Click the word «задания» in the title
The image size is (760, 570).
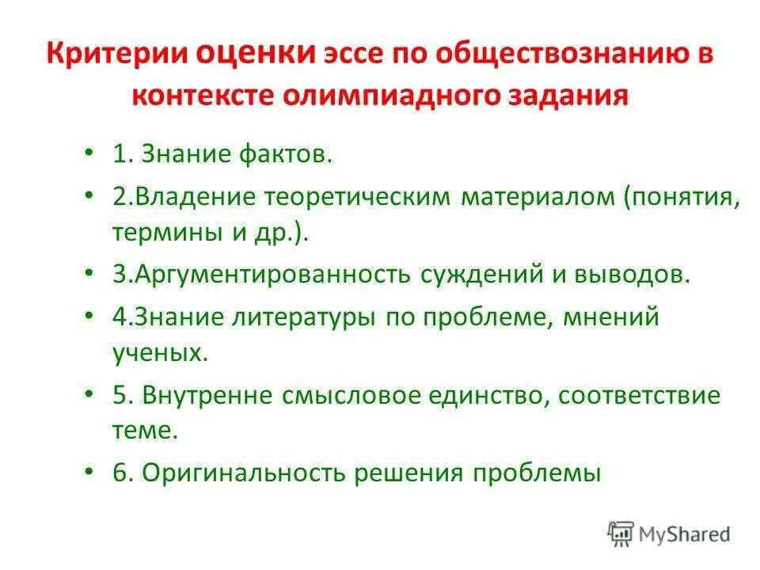(572, 97)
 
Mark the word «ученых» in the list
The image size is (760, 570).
(159, 353)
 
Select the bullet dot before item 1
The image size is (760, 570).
(89, 153)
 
